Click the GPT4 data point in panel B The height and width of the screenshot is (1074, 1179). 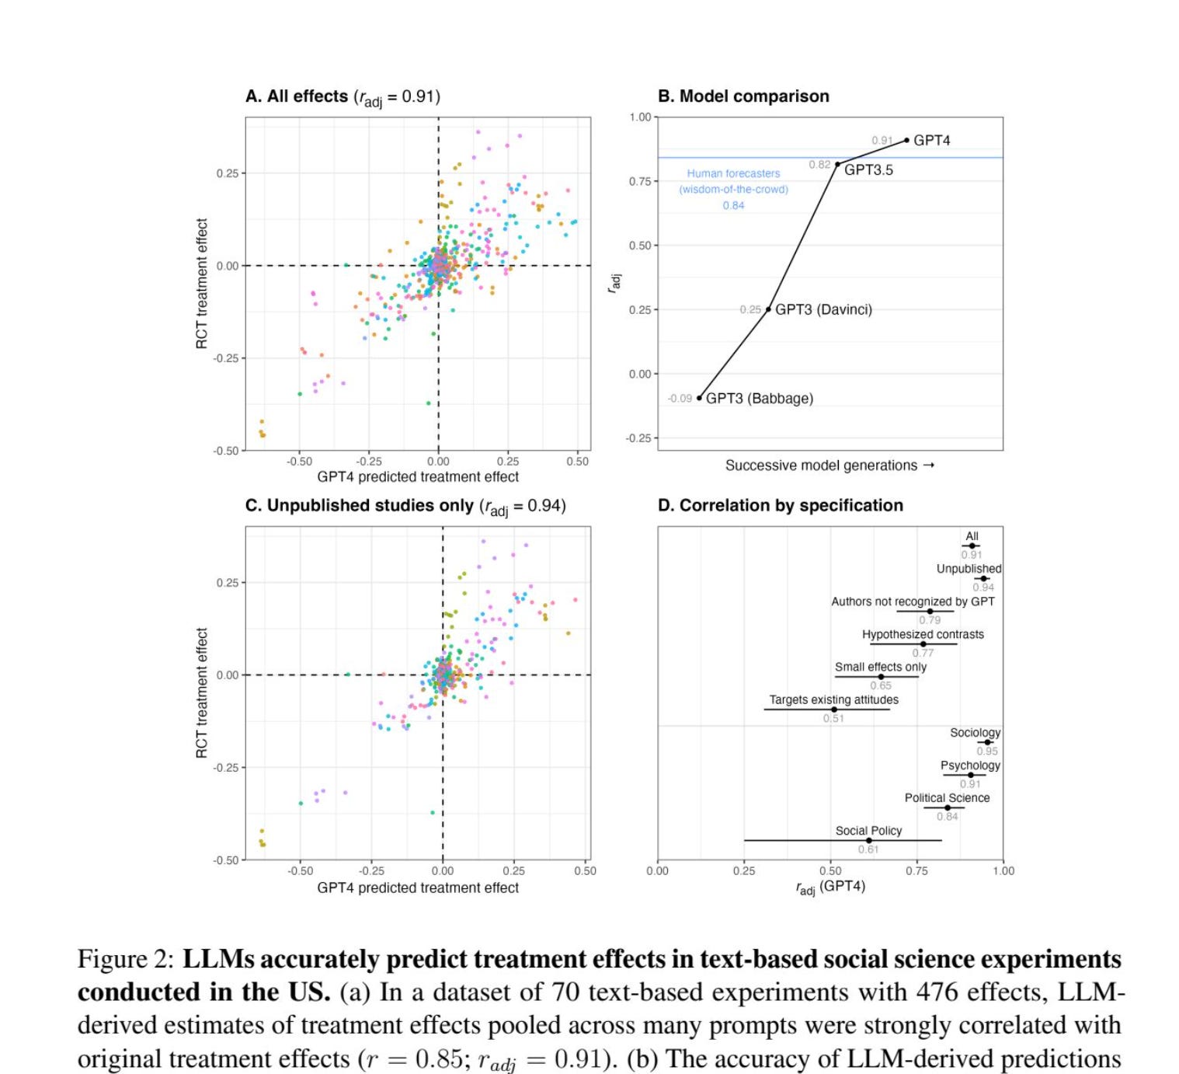coord(906,141)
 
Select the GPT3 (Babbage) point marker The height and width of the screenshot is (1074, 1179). coord(699,398)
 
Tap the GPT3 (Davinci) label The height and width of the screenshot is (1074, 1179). coord(823,309)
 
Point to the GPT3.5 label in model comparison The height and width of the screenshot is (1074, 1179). coord(868,170)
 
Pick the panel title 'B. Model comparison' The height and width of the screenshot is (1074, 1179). coord(743,96)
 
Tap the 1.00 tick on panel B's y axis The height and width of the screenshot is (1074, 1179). coord(640,117)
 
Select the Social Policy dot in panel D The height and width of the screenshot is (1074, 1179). coord(868,840)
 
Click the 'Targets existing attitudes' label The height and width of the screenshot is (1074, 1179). coord(833,699)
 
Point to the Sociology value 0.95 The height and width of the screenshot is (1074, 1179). coord(987,751)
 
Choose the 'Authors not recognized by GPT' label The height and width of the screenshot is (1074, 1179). coord(913,602)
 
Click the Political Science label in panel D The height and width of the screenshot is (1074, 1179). coord(947,798)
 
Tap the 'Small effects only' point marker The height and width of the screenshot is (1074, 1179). coord(881,677)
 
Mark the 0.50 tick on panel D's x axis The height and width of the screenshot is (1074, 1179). coord(830,871)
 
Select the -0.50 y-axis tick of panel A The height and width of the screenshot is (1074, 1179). coord(227,451)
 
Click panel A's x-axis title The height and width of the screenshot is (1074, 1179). coord(418,477)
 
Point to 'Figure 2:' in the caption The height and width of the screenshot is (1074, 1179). coord(125,959)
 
